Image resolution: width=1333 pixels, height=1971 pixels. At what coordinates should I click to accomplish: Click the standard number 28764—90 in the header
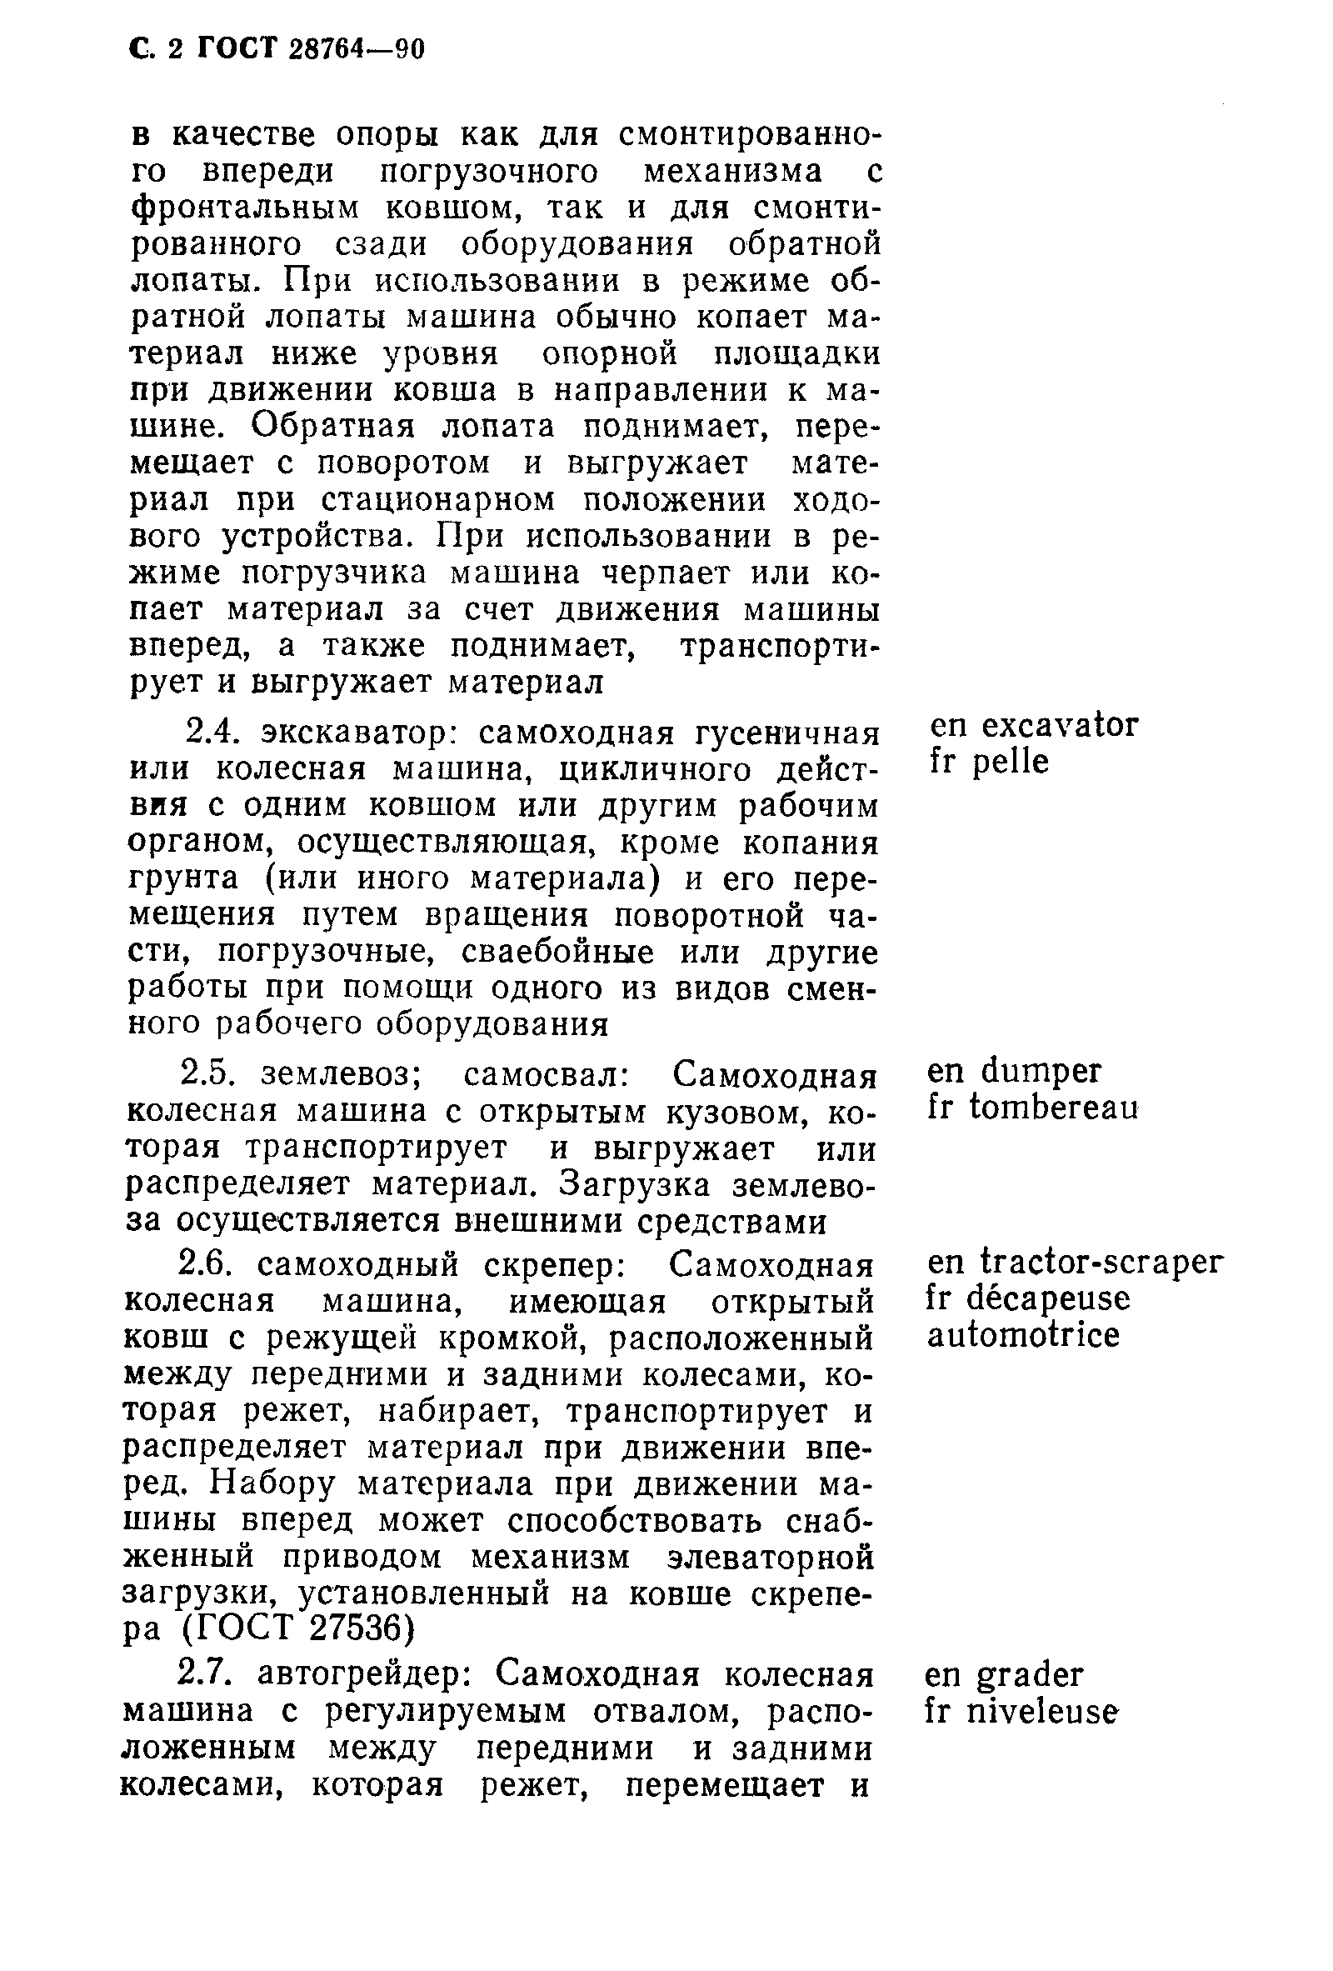[356, 50]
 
